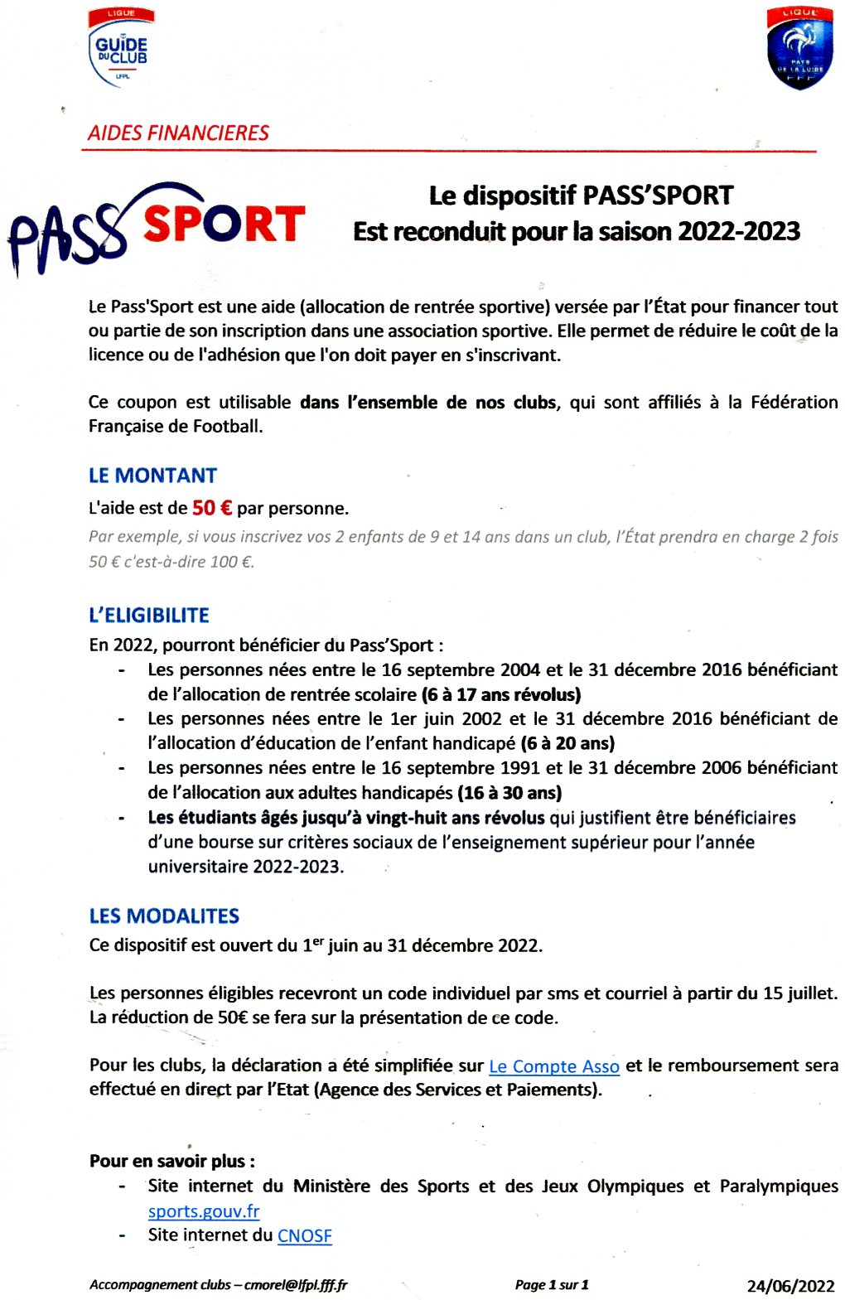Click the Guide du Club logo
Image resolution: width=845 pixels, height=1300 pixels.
(120, 48)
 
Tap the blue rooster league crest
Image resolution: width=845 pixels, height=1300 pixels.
(799, 48)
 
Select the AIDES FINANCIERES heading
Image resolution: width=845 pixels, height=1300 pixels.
(178, 133)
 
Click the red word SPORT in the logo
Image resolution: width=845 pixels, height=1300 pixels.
(224, 225)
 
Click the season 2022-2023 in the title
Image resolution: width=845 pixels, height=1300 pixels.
(739, 231)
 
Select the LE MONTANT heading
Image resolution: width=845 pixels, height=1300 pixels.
(152, 476)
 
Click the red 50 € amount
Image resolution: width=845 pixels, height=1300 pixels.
(212, 508)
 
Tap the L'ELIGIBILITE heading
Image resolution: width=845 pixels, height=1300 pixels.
(149, 616)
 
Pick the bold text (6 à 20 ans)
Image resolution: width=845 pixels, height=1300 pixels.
(567, 743)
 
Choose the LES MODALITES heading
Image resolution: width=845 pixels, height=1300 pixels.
(164, 916)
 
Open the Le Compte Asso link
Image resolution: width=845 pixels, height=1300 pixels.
(554, 1066)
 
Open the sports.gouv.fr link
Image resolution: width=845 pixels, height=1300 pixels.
(204, 1211)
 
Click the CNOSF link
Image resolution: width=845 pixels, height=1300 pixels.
(305, 1235)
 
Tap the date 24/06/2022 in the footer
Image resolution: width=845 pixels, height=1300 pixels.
(790, 1286)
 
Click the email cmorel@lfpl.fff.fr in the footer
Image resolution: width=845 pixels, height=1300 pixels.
(296, 1285)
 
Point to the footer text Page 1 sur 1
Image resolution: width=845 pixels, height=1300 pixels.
(552, 1285)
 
